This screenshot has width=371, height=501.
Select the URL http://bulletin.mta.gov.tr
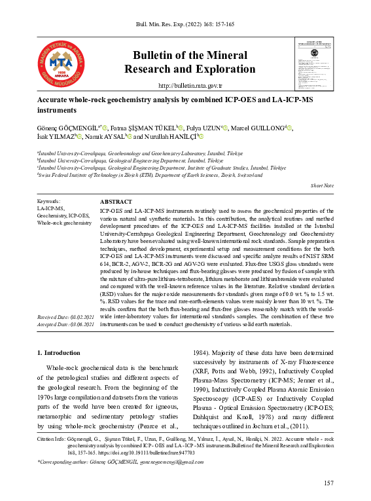pyautogui.click(x=190, y=86)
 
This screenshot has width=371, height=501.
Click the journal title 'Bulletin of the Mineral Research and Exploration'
pyautogui.click(x=190, y=62)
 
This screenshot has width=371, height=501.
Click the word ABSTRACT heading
pyautogui.click(x=116, y=202)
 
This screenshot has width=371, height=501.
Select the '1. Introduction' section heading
pyautogui.click(x=62, y=353)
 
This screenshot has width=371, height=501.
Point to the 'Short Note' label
pyautogui.click(x=322, y=187)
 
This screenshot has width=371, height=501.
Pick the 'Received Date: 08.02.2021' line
pyautogui.click(x=66, y=317)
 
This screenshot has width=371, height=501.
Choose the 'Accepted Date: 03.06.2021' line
pyautogui.click(x=66, y=324)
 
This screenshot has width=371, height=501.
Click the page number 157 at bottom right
pyautogui.click(x=328, y=483)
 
